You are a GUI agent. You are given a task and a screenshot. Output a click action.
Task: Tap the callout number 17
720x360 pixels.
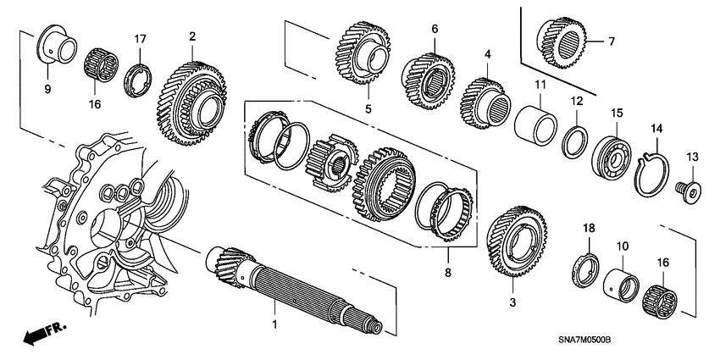[140, 38]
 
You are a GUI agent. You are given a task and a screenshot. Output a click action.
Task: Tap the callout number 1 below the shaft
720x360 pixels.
[274, 324]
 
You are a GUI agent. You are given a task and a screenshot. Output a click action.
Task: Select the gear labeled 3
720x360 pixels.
[515, 241]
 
